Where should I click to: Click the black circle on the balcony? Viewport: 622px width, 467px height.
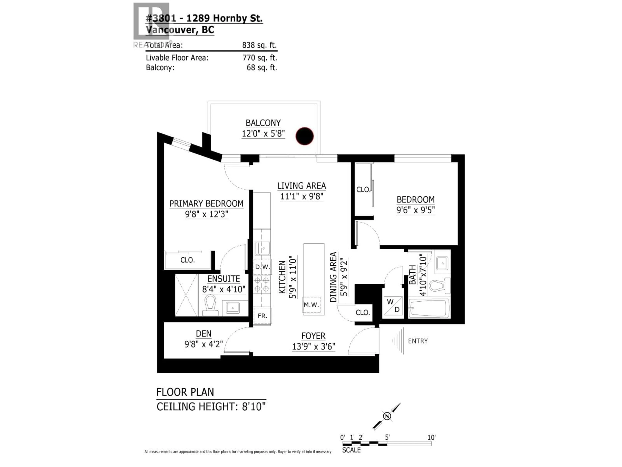305,136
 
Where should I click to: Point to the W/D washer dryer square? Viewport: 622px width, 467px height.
393,306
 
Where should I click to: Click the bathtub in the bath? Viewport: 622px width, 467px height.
429,309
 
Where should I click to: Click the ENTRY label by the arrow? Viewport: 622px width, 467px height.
418,341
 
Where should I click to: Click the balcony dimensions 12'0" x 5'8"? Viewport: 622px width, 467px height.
263,133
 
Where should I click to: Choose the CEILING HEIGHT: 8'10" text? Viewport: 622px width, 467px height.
211,407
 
